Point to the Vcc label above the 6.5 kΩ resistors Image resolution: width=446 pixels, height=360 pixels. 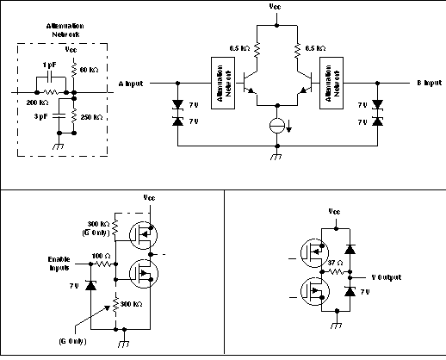(275, 6)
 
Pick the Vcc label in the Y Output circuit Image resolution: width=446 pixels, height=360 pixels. (335, 210)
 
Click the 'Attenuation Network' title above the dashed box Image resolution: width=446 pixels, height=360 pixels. (64, 30)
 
